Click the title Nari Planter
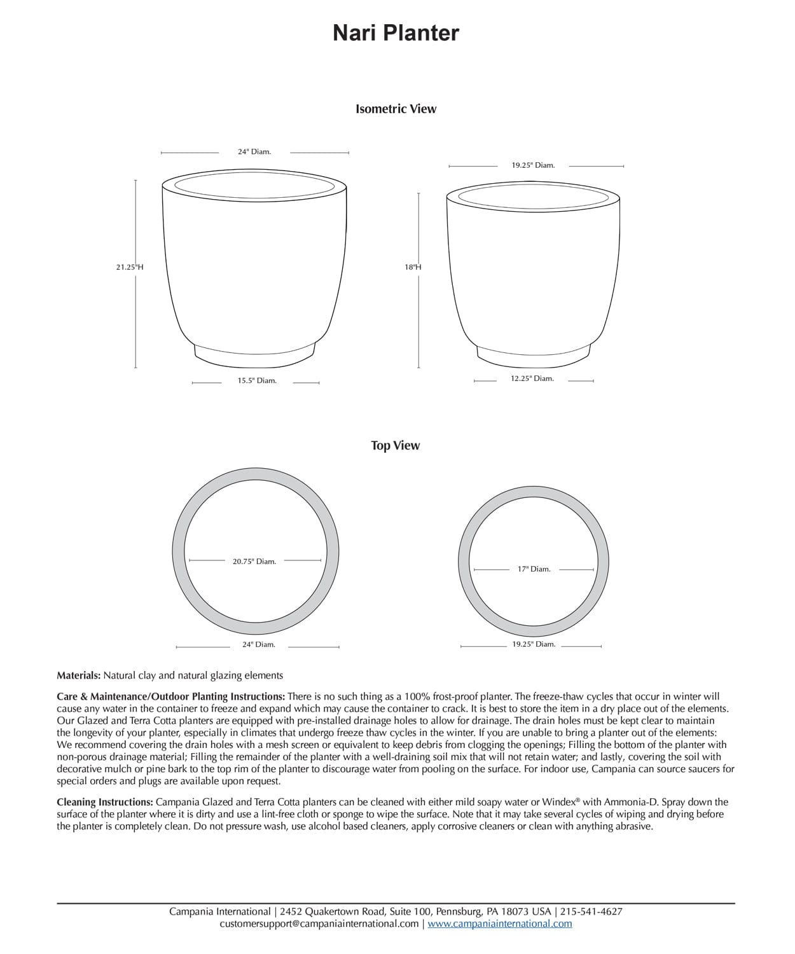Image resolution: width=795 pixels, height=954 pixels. point(396,33)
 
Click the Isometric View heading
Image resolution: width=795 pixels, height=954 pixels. point(396,109)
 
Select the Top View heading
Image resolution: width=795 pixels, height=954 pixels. point(396,445)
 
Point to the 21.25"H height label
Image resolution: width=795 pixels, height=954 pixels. point(130,267)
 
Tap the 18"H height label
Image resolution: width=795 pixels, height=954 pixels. point(413,267)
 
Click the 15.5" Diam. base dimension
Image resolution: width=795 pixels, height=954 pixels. point(257,381)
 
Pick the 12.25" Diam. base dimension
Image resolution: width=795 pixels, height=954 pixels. point(532,378)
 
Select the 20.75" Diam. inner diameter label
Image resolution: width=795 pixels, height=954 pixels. point(254,562)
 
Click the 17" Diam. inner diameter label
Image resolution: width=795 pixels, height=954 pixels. point(534,569)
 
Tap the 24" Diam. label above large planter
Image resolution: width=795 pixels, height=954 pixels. point(254,152)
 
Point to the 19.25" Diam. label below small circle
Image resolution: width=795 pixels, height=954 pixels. point(534,644)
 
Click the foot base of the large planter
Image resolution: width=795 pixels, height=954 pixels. point(254,355)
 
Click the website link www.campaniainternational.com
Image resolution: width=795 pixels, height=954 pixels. point(499,923)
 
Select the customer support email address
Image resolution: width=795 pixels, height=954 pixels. point(319,923)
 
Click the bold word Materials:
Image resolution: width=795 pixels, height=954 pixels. point(79,675)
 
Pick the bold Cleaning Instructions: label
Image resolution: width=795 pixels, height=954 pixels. point(105,802)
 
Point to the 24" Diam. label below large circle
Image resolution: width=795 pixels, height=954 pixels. point(258,644)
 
